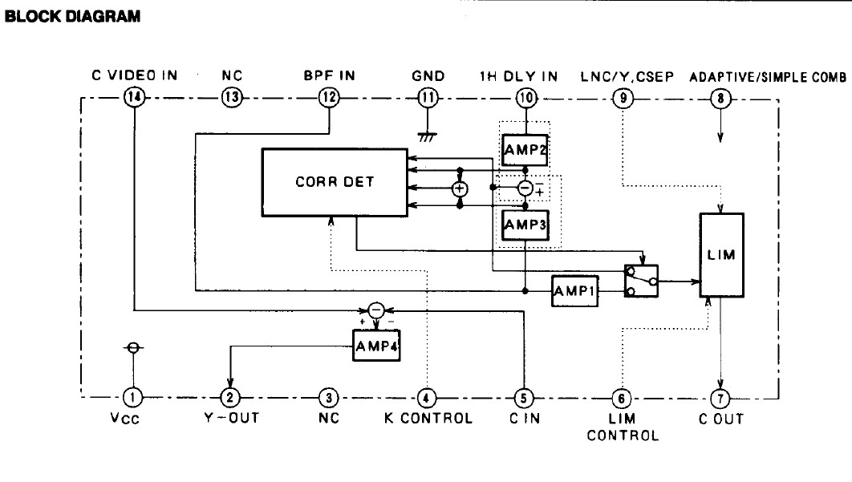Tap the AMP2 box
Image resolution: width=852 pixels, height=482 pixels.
point(525,149)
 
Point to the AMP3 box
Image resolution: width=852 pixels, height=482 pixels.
point(525,225)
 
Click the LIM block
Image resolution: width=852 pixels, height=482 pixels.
point(721,253)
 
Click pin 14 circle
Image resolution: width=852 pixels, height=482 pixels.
point(133,98)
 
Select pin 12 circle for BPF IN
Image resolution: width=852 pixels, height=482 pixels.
point(330,98)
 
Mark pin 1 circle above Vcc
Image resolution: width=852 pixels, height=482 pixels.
point(133,397)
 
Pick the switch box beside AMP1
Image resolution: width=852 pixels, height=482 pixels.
point(641,282)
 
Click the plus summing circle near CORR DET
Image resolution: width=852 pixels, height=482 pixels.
point(460,189)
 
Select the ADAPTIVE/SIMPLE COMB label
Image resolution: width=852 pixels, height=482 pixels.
point(768,77)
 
